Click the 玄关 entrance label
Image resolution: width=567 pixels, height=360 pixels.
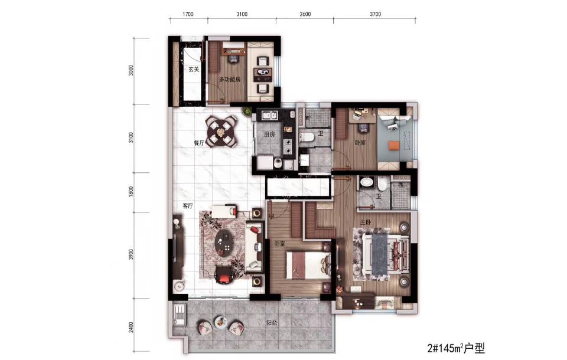click(194, 69)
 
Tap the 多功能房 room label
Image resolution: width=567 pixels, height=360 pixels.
click(229, 80)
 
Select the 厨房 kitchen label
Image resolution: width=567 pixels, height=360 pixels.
click(269, 135)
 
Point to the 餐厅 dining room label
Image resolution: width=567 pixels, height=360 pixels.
click(199, 143)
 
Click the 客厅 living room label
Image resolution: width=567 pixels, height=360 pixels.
click(188, 206)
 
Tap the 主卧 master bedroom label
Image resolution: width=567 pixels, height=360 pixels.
click(365, 222)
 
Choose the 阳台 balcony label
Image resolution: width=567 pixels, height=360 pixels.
click(272, 323)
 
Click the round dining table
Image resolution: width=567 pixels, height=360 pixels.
click(220, 132)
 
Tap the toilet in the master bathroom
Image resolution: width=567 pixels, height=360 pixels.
click(382, 184)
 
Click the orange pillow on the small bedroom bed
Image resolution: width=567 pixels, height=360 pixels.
click(394, 146)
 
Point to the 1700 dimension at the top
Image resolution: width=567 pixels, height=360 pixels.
click(188, 14)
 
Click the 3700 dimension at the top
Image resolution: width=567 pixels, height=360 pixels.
click(375, 14)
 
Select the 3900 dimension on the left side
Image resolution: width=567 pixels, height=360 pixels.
click(131, 254)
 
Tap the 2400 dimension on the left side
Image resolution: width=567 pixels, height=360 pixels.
click(131, 328)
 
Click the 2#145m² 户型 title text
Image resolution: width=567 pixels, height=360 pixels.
click(455, 348)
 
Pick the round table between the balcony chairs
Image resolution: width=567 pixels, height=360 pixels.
click(220, 322)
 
